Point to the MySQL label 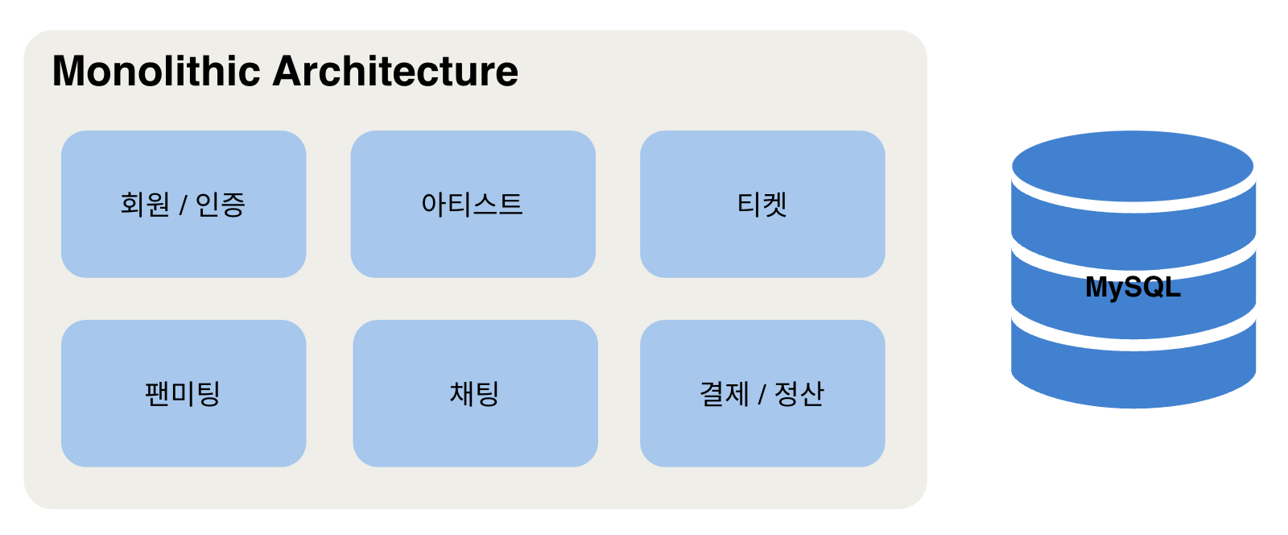[1133, 287]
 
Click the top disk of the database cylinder [1133, 165]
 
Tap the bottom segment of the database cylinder [1133, 375]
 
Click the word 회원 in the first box [145, 204]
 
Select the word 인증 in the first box [220, 204]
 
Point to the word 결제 [724, 394]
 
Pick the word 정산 [799, 394]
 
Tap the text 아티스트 [473, 204]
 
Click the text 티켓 [762, 204]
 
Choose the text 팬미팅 [183, 394]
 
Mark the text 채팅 [475, 394]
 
